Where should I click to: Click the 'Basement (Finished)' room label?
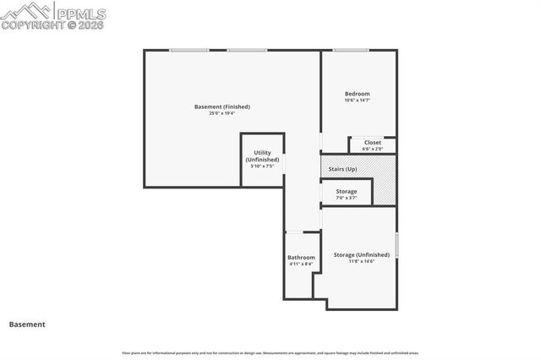(x=222, y=106)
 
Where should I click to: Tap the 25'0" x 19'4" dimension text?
(x=222, y=113)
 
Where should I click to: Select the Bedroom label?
(x=357, y=93)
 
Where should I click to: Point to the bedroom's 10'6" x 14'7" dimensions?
(x=357, y=100)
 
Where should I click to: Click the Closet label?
(x=372, y=142)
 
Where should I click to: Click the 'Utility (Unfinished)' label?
(x=262, y=155)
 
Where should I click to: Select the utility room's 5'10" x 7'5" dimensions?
(x=262, y=166)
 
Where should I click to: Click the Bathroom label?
(x=301, y=257)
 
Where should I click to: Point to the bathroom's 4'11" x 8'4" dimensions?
(x=301, y=264)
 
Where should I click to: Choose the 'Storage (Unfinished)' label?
(x=361, y=254)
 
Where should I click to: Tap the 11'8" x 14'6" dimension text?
(x=361, y=261)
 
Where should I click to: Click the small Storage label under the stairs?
(x=346, y=191)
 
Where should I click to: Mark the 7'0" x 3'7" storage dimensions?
(x=346, y=198)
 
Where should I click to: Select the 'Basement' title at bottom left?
(x=27, y=324)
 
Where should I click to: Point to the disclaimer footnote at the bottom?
(x=270, y=352)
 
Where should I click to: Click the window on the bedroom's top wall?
(x=349, y=51)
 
